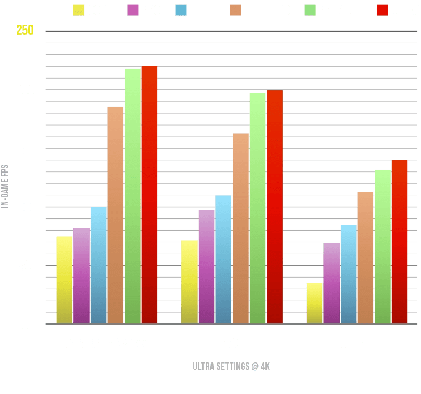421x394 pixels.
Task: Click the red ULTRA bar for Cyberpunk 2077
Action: [149, 194]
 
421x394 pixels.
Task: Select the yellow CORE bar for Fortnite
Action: [314, 303]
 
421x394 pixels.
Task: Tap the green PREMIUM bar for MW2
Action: [257, 208]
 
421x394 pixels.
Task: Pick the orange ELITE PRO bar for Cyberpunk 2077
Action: [115, 215]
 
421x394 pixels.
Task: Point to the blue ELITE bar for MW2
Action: [223, 259]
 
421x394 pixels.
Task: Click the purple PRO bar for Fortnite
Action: [331, 283]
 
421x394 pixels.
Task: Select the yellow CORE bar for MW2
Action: [190, 281]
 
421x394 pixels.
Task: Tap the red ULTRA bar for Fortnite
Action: [399, 241]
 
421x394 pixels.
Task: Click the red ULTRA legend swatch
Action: [381, 10]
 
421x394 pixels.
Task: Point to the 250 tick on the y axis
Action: [24, 31]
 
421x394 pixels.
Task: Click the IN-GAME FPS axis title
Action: [5, 186]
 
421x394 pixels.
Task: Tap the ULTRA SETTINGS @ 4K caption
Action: [231, 366]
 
